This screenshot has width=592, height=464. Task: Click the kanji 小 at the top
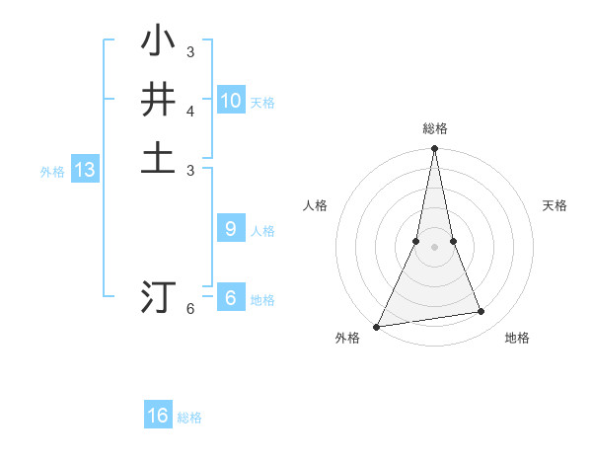click(x=158, y=41)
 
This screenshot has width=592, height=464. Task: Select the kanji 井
click(x=158, y=101)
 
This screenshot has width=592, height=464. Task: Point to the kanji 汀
click(x=158, y=296)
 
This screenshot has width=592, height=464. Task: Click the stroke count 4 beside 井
click(x=190, y=111)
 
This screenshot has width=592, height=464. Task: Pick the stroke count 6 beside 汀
click(x=190, y=308)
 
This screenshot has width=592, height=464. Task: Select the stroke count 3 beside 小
click(x=190, y=51)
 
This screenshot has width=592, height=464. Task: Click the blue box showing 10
click(x=231, y=101)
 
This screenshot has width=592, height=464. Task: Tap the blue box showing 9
click(x=231, y=229)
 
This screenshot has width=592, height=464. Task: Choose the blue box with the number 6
click(x=231, y=298)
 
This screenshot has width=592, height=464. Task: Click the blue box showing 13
click(x=85, y=170)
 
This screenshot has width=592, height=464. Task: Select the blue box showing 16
click(x=158, y=416)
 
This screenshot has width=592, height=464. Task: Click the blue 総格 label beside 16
click(x=189, y=418)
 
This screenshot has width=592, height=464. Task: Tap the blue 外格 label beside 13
click(x=52, y=172)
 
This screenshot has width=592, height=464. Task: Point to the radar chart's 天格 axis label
click(x=555, y=205)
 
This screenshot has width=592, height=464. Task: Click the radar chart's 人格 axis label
click(x=315, y=205)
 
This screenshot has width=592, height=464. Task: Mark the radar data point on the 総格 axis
click(x=434, y=149)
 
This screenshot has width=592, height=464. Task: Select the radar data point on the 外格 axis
click(x=377, y=326)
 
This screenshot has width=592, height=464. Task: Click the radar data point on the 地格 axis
click(x=481, y=312)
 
